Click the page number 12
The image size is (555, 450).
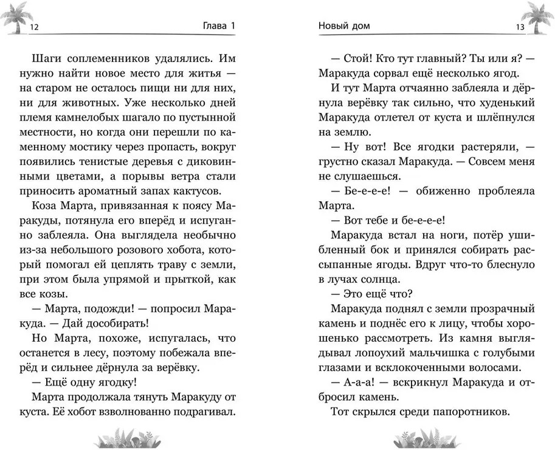point(34,26)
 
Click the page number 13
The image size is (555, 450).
point(520,26)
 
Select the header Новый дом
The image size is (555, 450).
point(344,26)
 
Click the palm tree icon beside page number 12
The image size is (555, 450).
point(15,18)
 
